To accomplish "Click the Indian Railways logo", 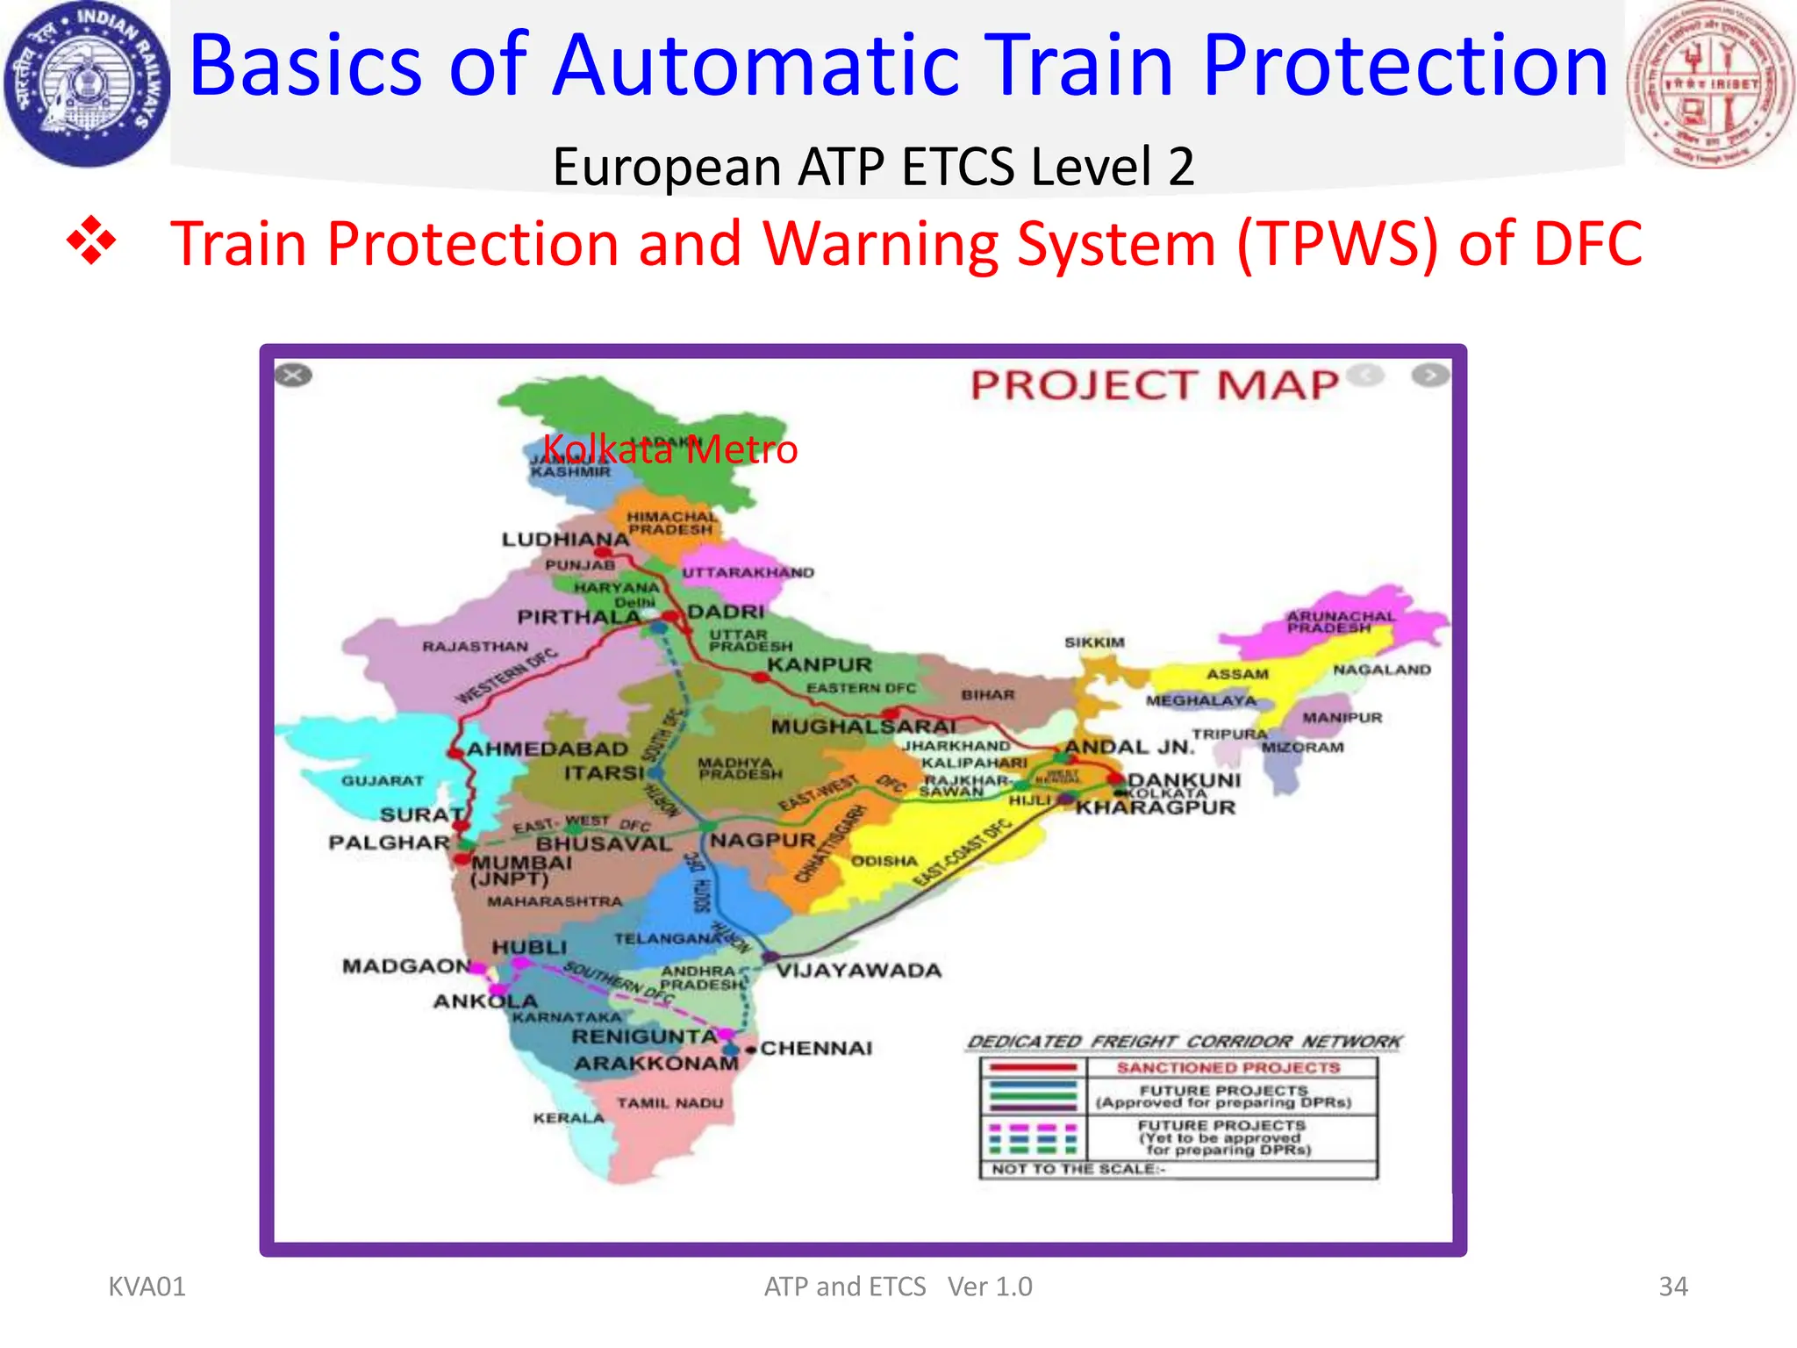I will [86, 85].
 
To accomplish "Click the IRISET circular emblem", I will [1710, 85].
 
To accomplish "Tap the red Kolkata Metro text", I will [669, 449].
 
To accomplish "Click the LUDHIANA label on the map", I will [565, 539].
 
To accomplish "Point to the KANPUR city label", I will [820, 665].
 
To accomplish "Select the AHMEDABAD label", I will [548, 749].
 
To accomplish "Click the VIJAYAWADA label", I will [858, 971].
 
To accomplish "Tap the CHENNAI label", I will [816, 1048].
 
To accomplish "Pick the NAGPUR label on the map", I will [762, 840].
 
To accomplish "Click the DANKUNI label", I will [1184, 780].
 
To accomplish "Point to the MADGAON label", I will [406, 966].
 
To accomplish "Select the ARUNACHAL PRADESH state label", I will [1340, 622].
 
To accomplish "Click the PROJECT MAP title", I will [1154, 385].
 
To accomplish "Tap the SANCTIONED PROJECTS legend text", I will [1228, 1068].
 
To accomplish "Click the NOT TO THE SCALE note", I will [1078, 1169].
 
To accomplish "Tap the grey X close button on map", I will [293, 376].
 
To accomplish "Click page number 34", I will [1672, 1287].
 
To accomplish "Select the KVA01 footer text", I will [147, 1287].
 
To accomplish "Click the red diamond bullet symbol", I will [91, 240].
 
